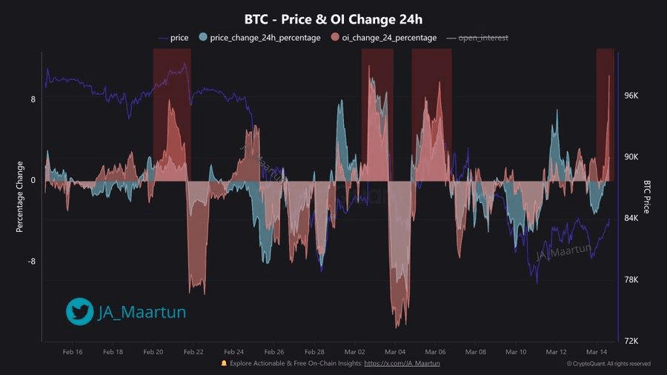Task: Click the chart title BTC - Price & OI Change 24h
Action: [x=333, y=19]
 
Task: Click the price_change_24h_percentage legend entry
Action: [x=265, y=37]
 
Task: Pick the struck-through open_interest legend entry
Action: [x=484, y=37]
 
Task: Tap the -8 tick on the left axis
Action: [x=30, y=262]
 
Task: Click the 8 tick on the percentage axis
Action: [x=33, y=99]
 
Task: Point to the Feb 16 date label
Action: [x=73, y=352]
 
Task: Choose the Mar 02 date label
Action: [x=355, y=352]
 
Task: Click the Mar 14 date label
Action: [x=597, y=352]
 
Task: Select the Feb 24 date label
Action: [x=233, y=352]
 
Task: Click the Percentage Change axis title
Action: [x=20, y=196]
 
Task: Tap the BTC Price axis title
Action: [x=647, y=196]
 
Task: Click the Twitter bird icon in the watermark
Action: [x=79, y=312]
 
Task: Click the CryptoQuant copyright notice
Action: [x=608, y=364]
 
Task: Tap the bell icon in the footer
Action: [x=225, y=363]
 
